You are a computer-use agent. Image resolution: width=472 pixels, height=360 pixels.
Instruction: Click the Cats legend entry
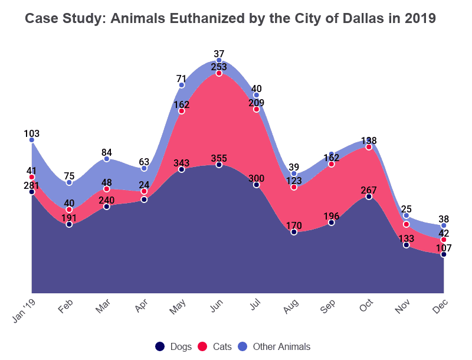click(x=214, y=346)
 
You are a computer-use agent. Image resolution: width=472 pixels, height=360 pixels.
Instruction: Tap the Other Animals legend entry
click(x=274, y=346)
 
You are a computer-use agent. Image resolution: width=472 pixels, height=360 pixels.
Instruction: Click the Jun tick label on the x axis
click(x=217, y=305)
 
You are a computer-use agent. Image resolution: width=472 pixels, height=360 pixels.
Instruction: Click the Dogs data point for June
click(x=219, y=165)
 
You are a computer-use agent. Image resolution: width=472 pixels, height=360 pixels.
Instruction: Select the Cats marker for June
click(x=219, y=73)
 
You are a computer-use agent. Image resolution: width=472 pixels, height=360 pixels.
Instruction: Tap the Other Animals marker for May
click(x=182, y=85)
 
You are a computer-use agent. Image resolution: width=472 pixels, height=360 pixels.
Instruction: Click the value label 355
click(x=219, y=158)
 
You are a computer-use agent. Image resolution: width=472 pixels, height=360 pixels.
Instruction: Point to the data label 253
click(x=219, y=67)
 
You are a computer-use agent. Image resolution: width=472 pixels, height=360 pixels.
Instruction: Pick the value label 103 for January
click(x=32, y=133)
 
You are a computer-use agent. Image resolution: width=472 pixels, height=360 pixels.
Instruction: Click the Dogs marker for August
click(x=294, y=232)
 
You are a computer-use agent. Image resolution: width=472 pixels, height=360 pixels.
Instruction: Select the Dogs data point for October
click(x=369, y=197)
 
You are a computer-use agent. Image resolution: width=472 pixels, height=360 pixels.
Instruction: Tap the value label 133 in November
click(x=407, y=238)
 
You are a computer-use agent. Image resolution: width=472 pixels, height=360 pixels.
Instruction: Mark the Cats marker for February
click(x=69, y=210)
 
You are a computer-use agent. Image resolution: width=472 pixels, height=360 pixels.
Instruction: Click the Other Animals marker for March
click(x=107, y=159)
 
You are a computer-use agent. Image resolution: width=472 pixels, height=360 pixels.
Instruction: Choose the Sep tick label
click(x=329, y=305)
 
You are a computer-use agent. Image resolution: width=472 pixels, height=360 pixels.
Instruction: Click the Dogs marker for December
click(x=444, y=254)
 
